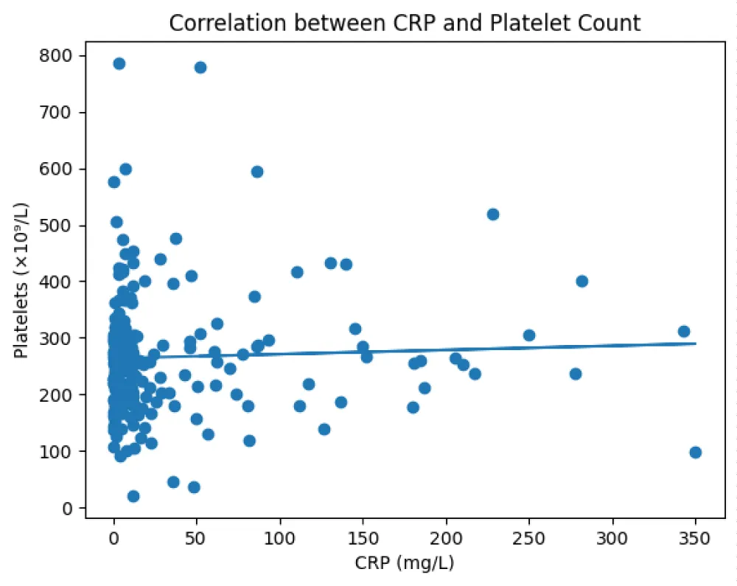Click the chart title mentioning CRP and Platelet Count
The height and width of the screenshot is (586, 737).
[405, 23]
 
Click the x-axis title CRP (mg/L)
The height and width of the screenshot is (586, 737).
[404, 563]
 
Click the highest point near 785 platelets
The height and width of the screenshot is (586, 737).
[119, 63]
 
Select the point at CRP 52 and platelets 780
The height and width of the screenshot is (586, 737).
[200, 67]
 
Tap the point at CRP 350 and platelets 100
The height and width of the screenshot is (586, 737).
[695, 452]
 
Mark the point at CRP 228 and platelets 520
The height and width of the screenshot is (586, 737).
[493, 214]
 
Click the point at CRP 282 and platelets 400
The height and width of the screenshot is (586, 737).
[581, 281]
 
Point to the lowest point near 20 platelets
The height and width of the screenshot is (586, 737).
[133, 496]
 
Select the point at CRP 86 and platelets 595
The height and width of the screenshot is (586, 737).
[257, 172]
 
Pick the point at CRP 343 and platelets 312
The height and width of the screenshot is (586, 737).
[684, 331]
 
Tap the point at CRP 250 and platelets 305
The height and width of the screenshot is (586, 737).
[529, 335]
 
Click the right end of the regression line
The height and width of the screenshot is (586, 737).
[695, 343]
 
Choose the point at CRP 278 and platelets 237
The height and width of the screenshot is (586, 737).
[576, 374]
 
